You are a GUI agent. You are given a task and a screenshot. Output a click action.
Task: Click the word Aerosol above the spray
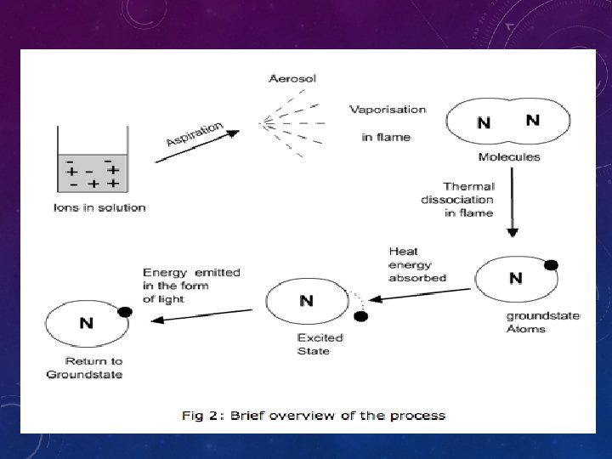(x=292, y=79)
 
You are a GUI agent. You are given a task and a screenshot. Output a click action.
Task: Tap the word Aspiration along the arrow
(x=195, y=134)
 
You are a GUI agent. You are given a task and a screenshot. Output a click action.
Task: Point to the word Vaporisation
(x=388, y=110)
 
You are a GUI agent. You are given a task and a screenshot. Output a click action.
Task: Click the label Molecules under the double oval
(x=508, y=157)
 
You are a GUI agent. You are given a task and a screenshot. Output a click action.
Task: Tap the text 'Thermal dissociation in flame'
(x=457, y=200)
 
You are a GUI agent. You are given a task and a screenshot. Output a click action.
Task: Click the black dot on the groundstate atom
(x=551, y=265)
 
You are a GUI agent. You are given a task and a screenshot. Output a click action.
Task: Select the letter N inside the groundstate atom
(x=515, y=278)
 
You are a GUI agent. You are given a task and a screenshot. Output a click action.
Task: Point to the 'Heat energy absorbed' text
(x=416, y=264)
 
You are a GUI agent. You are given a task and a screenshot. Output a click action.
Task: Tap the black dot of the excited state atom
(x=360, y=316)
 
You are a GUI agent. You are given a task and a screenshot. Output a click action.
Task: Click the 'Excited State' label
(x=319, y=343)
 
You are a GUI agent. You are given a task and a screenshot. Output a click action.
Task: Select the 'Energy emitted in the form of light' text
(x=191, y=286)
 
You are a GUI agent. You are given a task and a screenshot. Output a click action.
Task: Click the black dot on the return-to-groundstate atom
(x=124, y=312)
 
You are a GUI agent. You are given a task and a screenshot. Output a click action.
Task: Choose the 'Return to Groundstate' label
(x=84, y=367)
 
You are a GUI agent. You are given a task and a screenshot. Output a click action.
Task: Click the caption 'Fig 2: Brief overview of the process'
(x=313, y=416)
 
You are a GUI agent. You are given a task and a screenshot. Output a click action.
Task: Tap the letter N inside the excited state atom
(x=307, y=301)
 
